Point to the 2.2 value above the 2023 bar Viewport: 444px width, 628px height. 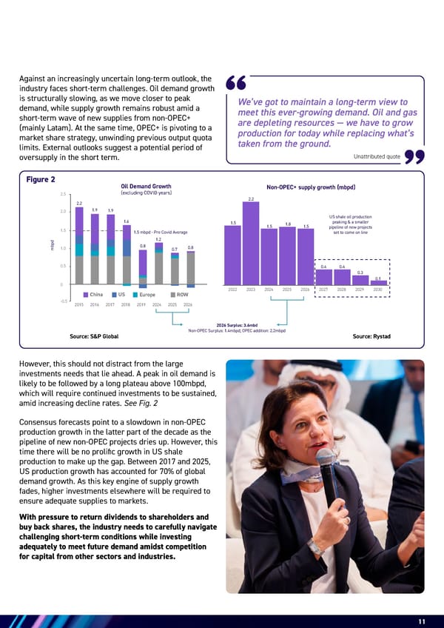pyautogui.click(x=252, y=198)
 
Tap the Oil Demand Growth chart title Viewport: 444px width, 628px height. pyautogui.click(x=146, y=186)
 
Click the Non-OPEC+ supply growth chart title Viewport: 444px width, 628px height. pyautogui.click(x=305, y=186)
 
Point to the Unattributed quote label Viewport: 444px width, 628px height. pyautogui.click(x=377, y=156)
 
